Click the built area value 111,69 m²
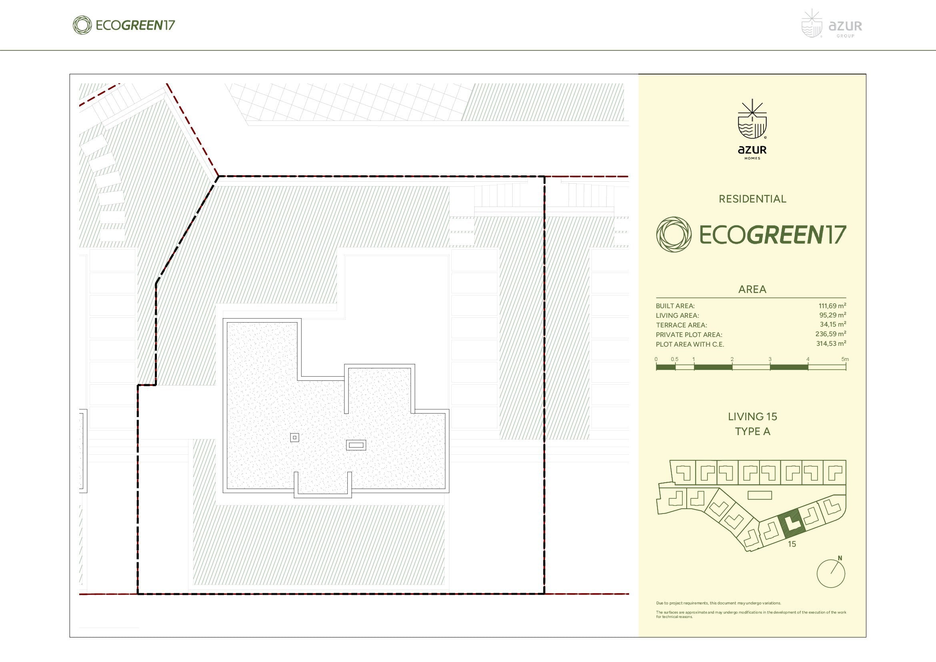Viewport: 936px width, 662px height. (832, 306)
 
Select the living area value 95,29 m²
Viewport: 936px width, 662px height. (832, 315)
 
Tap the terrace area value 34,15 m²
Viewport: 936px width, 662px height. (833, 325)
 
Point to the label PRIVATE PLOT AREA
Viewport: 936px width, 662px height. (689, 335)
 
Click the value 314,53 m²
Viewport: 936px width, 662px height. (831, 344)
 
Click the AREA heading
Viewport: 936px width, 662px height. (752, 289)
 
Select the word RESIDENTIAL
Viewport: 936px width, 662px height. (752, 199)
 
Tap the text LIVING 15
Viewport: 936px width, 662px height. (752, 417)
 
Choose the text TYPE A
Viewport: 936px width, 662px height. (752, 431)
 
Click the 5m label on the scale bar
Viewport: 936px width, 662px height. (845, 359)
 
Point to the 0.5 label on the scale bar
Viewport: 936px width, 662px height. (675, 359)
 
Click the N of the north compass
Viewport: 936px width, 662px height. (840, 558)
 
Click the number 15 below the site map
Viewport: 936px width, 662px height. (792, 544)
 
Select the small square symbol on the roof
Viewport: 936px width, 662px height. (295, 437)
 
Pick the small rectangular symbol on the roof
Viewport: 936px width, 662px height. (356, 445)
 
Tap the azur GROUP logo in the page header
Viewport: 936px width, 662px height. (832, 24)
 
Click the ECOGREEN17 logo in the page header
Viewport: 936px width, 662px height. (124, 25)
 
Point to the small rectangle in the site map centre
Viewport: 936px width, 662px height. (760, 495)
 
